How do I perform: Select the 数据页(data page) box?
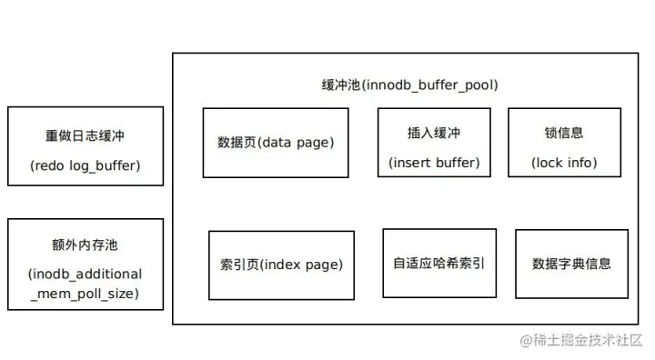point(276,143)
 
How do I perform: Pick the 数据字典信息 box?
point(571,264)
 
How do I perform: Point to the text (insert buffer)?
point(434,164)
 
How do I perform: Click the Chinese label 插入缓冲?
point(434,133)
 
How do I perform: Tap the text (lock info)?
point(565,164)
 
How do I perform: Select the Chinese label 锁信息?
point(565,133)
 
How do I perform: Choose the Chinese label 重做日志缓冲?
point(86,135)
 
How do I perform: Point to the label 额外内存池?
point(86,245)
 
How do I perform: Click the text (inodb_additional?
point(86,274)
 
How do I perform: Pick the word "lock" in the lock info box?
point(552,164)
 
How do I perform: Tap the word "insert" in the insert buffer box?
point(415,164)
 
